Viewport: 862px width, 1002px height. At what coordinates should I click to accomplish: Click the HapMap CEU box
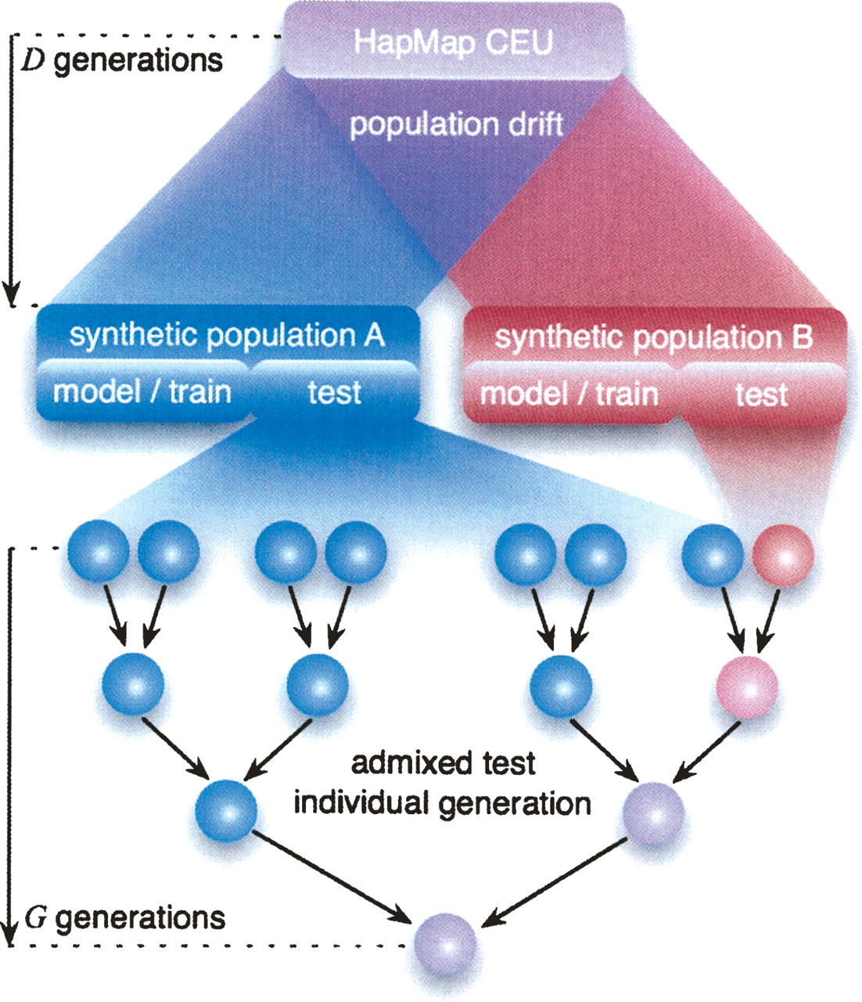pyautogui.click(x=453, y=41)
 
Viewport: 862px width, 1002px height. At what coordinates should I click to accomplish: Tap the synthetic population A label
pyautogui.click(x=227, y=335)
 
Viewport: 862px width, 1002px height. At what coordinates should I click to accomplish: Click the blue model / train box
pyautogui.click(x=142, y=391)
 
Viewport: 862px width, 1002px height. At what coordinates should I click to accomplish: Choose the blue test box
pyautogui.click(x=335, y=391)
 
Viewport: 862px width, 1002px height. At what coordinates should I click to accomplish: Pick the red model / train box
pyautogui.click(x=569, y=393)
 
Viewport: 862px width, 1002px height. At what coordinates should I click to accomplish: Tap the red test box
pyautogui.click(x=760, y=394)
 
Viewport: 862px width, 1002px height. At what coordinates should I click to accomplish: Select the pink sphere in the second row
pyautogui.click(x=747, y=687)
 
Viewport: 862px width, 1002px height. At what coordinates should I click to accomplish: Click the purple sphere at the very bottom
pyautogui.click(x=445, y=943)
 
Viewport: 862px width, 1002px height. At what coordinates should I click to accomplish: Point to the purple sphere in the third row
pyautogui.click(x=652, y=814)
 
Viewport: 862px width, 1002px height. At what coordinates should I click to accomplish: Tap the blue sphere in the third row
pyautogui.click(x=226, y=812)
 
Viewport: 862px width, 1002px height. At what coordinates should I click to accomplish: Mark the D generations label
pyautogui.click(x=120, y=59)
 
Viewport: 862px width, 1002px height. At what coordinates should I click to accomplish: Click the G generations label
pyautogui.click(x=125, y=917)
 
